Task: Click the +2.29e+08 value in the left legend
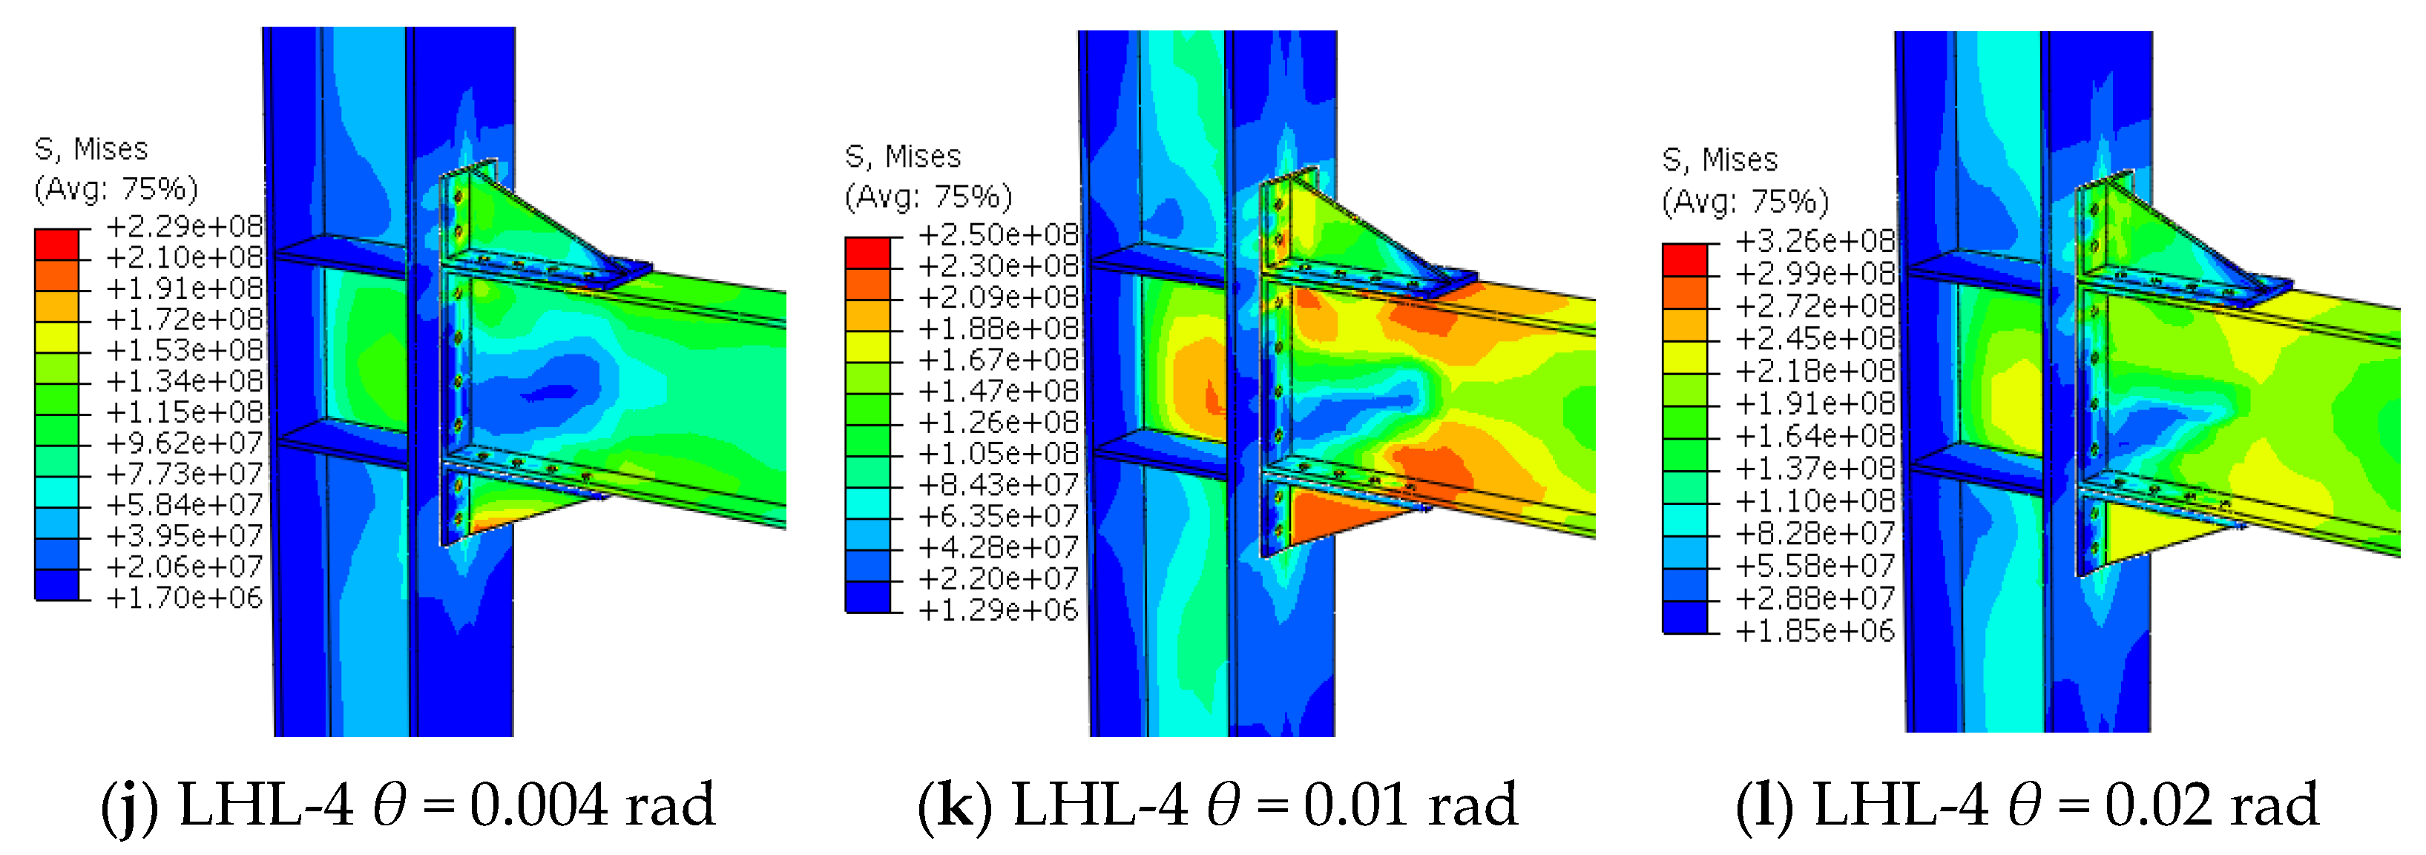185,226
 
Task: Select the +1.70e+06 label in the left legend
185,597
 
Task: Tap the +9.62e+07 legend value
185,443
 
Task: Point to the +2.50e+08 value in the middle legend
999,234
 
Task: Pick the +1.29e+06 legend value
999,610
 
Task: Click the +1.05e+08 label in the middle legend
999,453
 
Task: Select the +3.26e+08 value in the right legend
1815,241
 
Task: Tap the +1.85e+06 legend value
1815,631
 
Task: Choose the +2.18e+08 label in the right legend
1815,371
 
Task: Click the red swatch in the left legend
56,244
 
